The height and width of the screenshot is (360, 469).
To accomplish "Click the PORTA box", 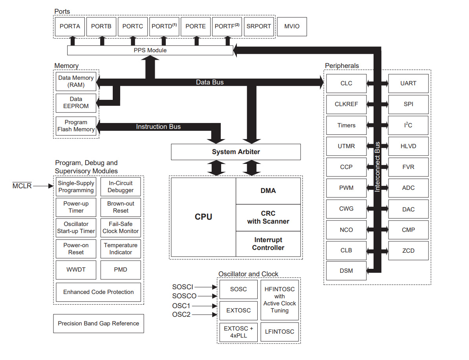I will tap(70, 26).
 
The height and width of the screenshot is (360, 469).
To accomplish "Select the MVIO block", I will tap(291, 26).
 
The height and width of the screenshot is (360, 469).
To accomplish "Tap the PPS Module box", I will tap(150, 50).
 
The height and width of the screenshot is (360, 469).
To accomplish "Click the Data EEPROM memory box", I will tap(76, 103).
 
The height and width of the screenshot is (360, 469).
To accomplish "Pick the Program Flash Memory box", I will tap(76, 126).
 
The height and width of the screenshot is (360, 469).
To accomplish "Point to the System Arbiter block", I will tap(236, 152).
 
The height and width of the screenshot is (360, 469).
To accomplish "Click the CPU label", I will tap(203, 217).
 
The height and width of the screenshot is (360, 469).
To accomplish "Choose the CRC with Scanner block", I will tap(268, 217).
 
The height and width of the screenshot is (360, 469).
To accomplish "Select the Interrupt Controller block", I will tap(268, 244).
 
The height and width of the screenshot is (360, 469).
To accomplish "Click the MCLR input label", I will tap(22, 186).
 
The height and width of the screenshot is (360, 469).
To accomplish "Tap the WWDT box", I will tap(76, 270).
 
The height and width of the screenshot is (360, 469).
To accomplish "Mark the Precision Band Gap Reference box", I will tap(99, 323).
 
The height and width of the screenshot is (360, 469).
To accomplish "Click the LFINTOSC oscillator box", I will tap(279, 332).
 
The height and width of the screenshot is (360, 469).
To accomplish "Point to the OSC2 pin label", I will tap(181, 314).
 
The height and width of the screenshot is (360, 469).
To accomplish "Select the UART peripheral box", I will tap(408, 83).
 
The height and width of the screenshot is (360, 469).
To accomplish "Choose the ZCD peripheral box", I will tap(408, 250).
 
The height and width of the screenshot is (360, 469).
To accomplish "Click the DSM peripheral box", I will tap(346, 270).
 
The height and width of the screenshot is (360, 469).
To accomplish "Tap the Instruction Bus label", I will tap(158, 127).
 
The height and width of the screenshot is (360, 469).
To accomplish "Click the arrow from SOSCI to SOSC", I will tap(205, 287).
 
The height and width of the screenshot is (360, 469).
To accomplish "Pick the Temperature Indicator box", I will tap(121, 249).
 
